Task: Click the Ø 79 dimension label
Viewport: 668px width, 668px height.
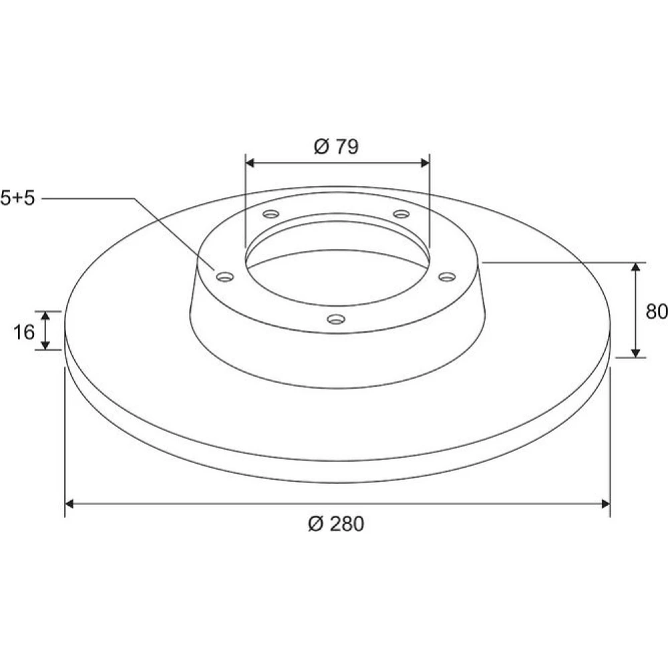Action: tap(336, 146)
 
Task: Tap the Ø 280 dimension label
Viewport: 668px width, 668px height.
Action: tap(336, 524)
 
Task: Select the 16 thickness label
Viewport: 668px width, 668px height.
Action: tap(24, 332)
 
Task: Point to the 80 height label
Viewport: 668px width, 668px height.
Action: tap(657, 311)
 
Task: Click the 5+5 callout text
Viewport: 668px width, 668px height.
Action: tap(17, 198)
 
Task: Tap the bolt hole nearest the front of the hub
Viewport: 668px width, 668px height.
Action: tap(336, 319)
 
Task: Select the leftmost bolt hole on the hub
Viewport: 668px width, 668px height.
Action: tap(225, 277)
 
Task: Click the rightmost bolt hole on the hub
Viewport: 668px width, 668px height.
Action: tap(447, 277)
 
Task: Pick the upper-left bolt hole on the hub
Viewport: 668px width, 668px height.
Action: tap(271, 214)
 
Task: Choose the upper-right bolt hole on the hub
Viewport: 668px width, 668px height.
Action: tap(401, 214)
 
